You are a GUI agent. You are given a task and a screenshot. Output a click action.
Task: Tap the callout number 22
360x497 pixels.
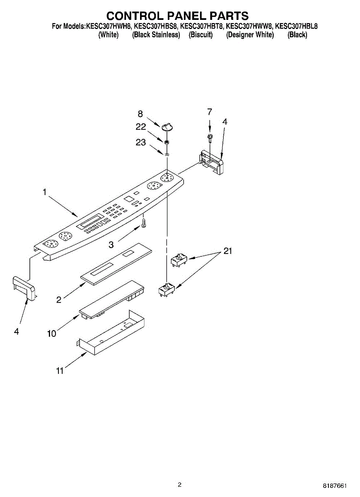(141, 127)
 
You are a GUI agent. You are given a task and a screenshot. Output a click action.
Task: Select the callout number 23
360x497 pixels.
(141, 142)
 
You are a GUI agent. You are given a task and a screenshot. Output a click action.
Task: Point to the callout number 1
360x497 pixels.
(44, 192)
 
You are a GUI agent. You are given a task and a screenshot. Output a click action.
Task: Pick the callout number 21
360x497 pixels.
(228, 251)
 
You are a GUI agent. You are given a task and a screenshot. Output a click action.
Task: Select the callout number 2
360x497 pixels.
(59, 299)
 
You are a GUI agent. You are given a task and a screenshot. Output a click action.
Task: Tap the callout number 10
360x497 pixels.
(51, 333)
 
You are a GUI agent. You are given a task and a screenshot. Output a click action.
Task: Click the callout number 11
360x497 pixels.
(60, 371)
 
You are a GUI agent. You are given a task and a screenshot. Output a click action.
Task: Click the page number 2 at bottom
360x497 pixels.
(179, 485)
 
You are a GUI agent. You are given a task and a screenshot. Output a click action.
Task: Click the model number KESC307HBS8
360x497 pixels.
(156, 27)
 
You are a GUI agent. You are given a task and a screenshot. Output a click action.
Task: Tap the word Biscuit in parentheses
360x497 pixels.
(201, 35)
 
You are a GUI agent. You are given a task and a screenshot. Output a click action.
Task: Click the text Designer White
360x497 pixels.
(250, 35)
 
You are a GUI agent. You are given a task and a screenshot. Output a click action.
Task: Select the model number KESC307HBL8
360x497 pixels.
(296, 27)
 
